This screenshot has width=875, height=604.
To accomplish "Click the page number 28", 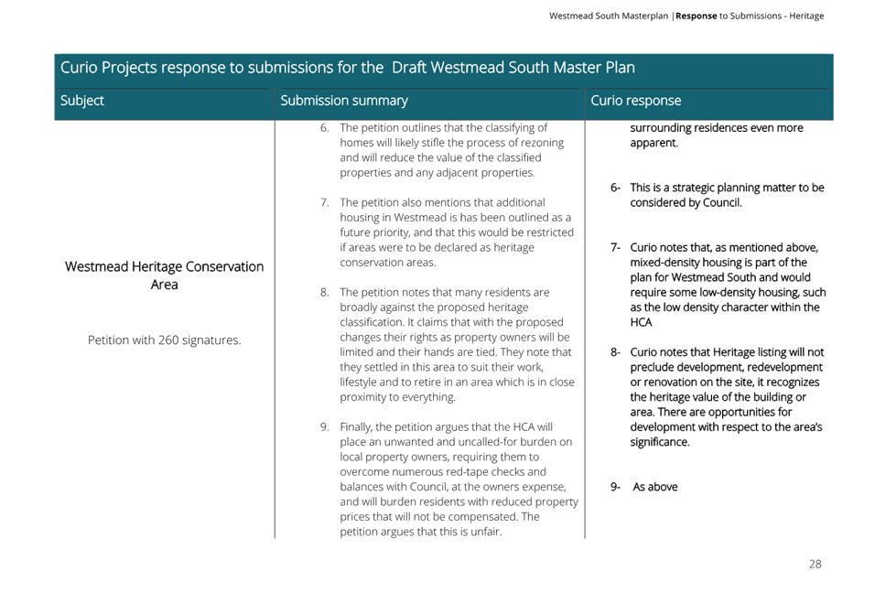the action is coord(815,564).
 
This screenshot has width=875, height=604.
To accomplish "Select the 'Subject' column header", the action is coord(82,101).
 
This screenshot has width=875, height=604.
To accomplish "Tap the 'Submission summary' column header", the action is coord(344,101).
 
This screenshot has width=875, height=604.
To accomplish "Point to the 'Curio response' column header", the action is coord(635,101).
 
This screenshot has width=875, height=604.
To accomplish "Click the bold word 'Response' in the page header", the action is coord(696,16).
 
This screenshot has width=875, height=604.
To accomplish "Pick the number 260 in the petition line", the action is coord(168,340).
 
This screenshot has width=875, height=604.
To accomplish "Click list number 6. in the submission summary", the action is coord(325,128).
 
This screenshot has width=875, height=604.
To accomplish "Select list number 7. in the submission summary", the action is coord(325,202).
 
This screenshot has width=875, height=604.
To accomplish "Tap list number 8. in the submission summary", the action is coord(325,292).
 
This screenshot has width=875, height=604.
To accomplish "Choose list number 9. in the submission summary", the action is coord(325,426).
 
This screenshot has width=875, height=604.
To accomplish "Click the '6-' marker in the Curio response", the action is coord(615,188).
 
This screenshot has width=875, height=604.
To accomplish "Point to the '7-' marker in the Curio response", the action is coord(615,247).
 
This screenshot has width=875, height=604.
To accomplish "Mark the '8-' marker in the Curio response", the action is coord(615,352).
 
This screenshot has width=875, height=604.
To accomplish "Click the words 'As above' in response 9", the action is coord(655,487).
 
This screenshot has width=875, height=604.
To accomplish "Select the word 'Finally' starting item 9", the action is coord(357,427).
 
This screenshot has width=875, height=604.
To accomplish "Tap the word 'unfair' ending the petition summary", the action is coord(485,532).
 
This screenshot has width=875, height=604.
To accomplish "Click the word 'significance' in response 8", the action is coord(658,442).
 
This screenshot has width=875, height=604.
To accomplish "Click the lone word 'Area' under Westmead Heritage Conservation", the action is coord(164,285).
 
